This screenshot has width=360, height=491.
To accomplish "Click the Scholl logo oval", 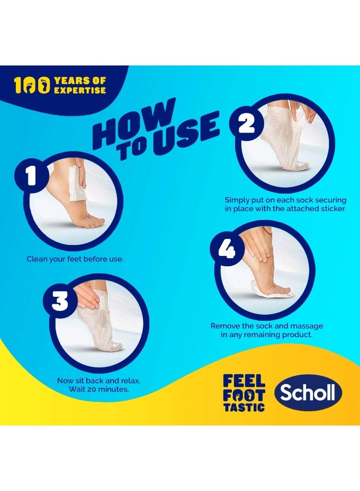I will click(x=308, y=393).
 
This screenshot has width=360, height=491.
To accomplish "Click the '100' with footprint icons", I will click(x=32, y=85).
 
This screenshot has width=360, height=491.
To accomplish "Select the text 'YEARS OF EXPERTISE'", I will click(x=80, y=85).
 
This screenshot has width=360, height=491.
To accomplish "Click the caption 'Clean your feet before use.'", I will click(x=75, y=259).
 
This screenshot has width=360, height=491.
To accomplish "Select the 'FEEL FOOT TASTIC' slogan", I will click(x=244, y=392).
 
